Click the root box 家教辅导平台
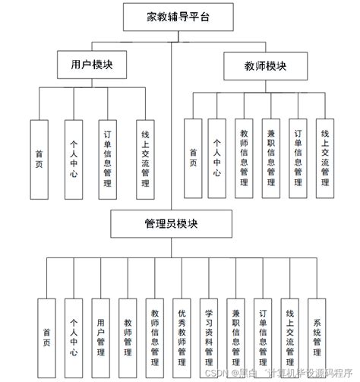tap(179, 16)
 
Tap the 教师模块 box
tap(255, 67)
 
